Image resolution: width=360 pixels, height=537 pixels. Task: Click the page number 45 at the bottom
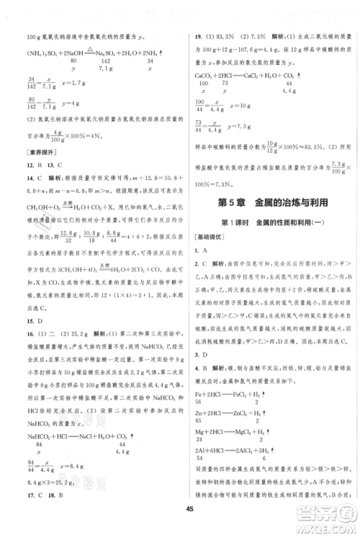point(180,512)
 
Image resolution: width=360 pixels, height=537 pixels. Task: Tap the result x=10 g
point(245,107)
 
